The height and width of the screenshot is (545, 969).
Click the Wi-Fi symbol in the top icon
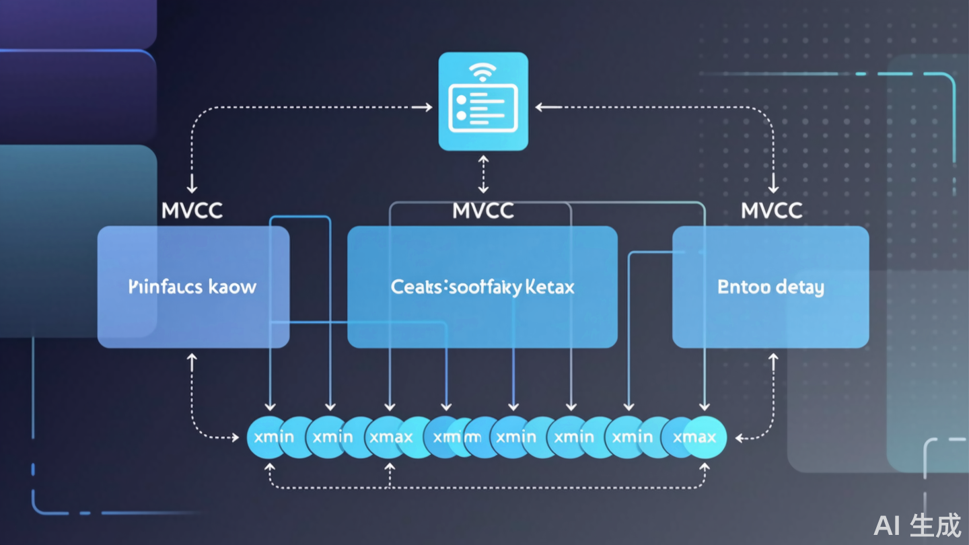(482, 71)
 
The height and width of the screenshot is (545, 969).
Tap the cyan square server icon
(483, 101)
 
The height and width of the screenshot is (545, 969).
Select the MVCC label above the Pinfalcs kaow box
(192, 211)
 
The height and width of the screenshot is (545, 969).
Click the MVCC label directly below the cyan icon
(483, 211)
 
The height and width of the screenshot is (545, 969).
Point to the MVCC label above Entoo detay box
(772, 211)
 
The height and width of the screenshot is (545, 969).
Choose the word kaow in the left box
(232, 287)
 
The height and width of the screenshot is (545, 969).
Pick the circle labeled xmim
(456, 437)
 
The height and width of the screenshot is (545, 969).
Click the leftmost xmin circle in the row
(271, 437)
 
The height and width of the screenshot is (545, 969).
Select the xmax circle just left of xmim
(391, 437)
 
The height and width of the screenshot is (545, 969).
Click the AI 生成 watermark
(918, 525)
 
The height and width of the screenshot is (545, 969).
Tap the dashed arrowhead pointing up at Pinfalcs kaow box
(192, 361)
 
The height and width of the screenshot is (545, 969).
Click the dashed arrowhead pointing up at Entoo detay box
(773, 361)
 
